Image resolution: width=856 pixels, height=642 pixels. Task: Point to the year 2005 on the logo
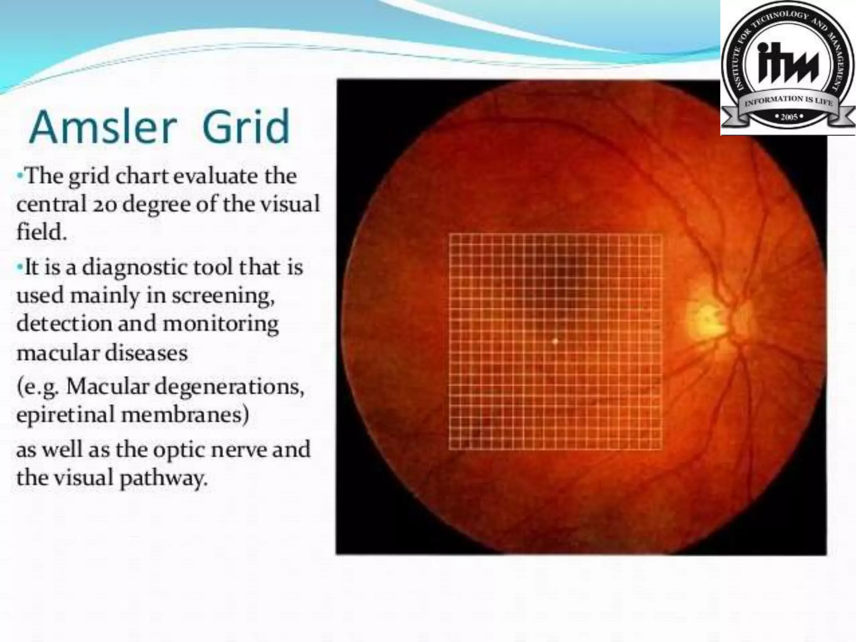click(788, 117)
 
